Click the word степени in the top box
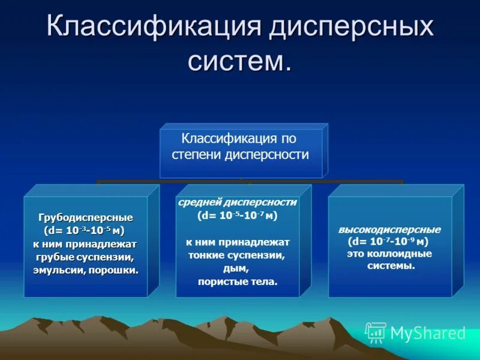[197, 155]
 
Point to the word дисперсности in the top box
[267, 155]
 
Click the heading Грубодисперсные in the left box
[85, 217]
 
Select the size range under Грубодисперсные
[85, 230]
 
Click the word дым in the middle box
[238, 268]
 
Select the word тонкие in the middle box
[204, 255]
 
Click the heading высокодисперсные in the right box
[389, 230]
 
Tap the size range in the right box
[389, 242]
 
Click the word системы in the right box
[391, 265]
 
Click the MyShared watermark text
[428, 333]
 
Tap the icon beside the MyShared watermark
[376, 332]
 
